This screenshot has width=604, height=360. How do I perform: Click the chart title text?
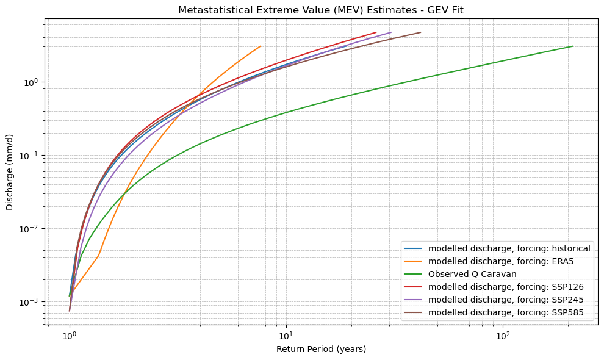point(321,10)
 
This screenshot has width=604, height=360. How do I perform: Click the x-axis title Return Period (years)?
point(321,349)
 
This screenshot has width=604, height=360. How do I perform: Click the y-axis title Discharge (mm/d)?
point(10,172)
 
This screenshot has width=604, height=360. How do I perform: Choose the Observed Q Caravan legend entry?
point(472,275)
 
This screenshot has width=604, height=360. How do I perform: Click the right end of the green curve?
point(573,46)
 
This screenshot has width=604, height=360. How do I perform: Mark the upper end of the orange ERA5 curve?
point(261,46)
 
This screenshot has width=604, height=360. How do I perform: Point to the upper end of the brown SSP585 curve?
point(420,32)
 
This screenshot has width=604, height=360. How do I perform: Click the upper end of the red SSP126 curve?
point(376,32)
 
